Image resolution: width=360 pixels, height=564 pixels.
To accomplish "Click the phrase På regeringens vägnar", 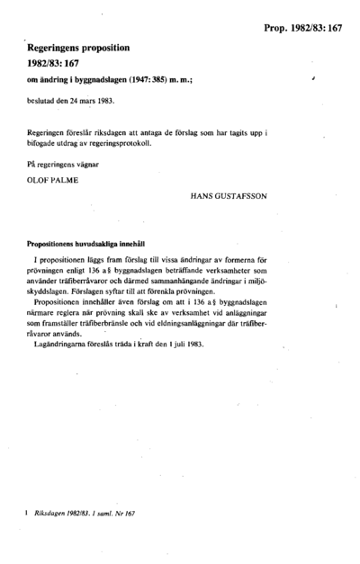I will point(58,163).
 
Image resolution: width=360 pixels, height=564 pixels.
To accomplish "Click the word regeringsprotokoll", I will point(130,142).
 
